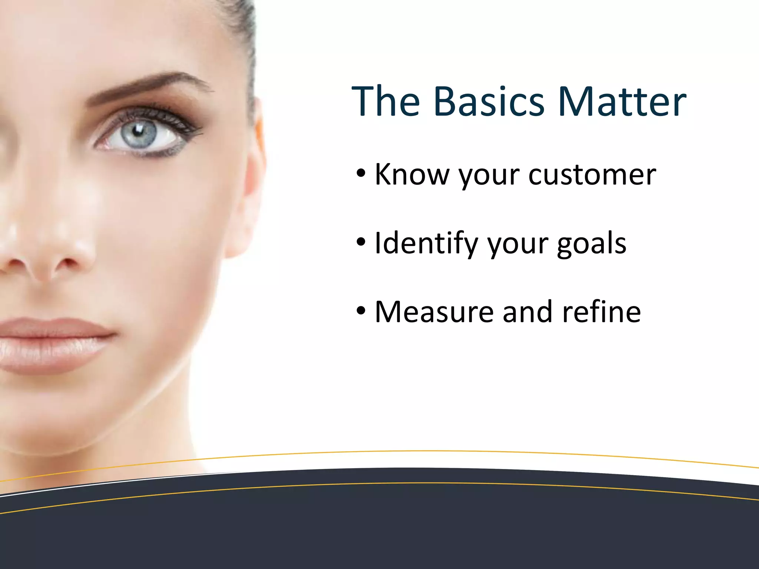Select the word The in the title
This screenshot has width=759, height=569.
point(385,101)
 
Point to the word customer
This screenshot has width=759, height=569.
point(592,175)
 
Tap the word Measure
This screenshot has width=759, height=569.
point(434,312)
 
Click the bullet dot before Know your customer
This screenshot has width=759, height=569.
point(361,173)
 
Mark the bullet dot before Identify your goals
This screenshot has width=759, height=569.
point(361,242)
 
